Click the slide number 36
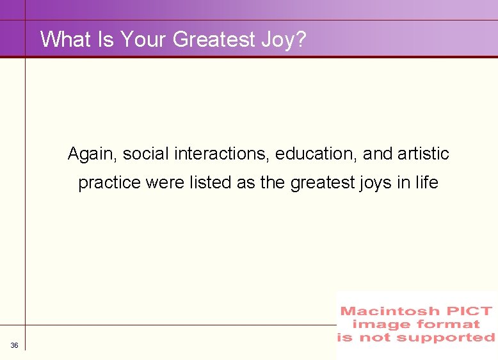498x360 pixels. (14, 346)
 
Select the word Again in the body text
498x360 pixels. (93, 154)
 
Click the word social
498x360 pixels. (142, 154)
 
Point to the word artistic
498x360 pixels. (423, 154)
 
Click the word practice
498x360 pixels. (110, 183)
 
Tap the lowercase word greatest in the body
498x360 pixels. (320, 183)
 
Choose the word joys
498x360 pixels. (374, 183)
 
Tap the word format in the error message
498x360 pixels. (451, 324)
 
